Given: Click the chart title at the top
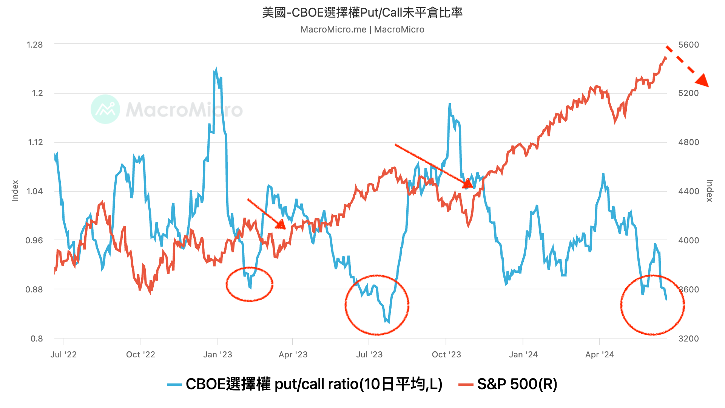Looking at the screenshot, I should (362, 13).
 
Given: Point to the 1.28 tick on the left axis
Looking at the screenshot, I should (35, 45).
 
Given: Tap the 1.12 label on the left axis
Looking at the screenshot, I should (35, 142).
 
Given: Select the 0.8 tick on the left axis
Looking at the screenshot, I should (37, 338).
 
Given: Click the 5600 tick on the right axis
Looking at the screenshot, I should (688, 45).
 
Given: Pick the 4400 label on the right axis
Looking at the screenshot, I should (688, 191).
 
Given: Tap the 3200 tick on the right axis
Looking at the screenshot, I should (688, 338).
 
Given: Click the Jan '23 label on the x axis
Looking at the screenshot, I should (217, 354).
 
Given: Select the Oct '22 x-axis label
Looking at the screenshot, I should (140, 354).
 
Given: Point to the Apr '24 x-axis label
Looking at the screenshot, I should (600, 354).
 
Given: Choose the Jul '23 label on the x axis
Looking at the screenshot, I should (369, 354).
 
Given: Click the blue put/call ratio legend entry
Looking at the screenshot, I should (305, 384).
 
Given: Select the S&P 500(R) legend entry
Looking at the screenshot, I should (508, 384).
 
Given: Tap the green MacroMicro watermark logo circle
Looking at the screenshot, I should (105, 109).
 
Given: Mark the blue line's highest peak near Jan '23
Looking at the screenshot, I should (216, 70).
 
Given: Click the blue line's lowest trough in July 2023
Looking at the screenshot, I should (388, 322).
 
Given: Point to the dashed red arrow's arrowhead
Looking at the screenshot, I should (702, 80).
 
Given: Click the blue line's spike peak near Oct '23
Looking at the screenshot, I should (449, 104).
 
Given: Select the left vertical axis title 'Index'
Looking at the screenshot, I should (15, 190).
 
